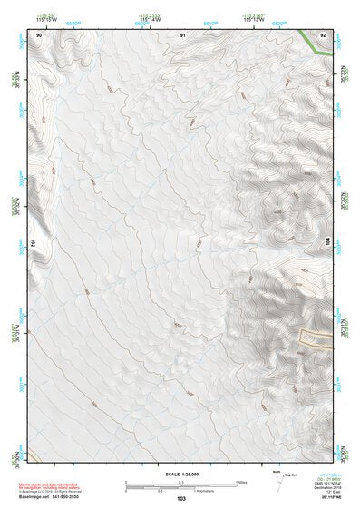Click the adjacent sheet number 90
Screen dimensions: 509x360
(38, 34)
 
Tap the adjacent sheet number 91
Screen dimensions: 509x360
(183, 34)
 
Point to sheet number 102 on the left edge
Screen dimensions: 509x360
(32, 243)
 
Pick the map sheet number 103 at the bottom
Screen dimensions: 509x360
(181, 499)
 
